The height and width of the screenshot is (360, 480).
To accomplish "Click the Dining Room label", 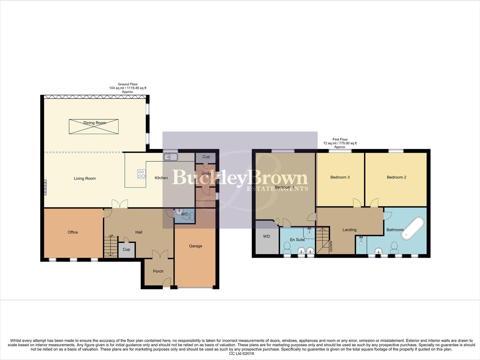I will click(95, 123).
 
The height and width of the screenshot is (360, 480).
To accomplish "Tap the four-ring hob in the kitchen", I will click(141, 174).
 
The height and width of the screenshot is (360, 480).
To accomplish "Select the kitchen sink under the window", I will click(170, 157).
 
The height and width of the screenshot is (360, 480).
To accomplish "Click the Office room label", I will click(73, 232).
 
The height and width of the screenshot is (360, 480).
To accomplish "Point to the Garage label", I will click(196, 246).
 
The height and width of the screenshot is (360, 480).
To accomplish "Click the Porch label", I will click(158, 271).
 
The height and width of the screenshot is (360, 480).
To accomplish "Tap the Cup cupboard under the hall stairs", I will click(126, 250).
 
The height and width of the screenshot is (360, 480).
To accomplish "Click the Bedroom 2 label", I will click(396, 177).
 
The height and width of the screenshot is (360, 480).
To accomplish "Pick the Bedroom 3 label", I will click(340, 177).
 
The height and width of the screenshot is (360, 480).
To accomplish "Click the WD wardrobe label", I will click(266, 237).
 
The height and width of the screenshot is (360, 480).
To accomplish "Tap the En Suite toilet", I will click(286, 247).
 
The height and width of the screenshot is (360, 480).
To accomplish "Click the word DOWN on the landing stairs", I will click(331, 246).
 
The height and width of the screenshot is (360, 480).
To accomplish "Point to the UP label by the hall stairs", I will click(111, 236).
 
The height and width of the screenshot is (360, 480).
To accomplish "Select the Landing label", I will click(349, 230).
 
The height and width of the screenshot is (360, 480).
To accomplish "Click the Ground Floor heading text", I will click(128, 84).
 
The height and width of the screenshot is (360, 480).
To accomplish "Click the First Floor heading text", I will click(340, 139).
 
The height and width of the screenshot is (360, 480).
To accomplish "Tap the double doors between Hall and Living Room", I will click(120, 204).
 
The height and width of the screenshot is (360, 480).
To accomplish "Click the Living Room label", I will click(85, 179).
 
